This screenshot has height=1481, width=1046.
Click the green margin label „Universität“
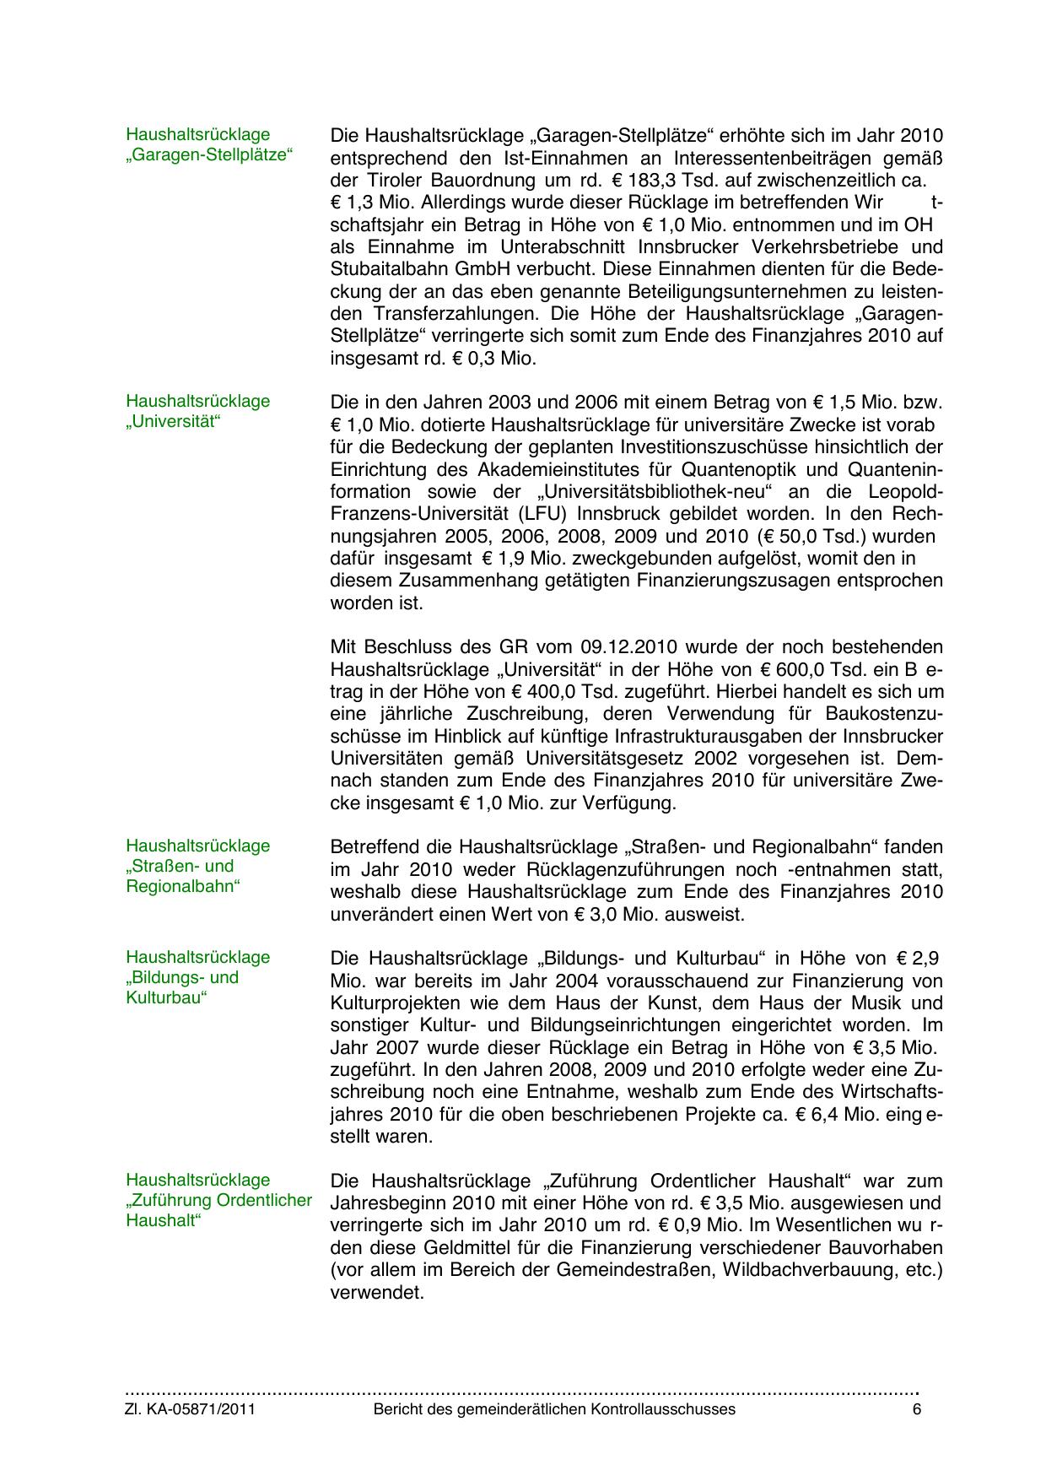173,422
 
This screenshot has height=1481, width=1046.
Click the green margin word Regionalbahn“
183,887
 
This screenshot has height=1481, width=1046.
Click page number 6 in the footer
917,1409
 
